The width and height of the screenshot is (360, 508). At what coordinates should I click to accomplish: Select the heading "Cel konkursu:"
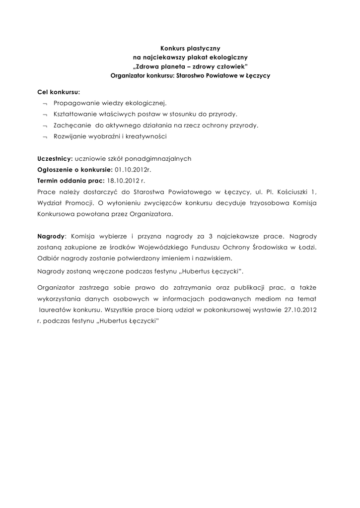(x=59, y=92)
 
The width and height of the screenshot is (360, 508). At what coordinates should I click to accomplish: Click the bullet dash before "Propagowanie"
(x=45, y=104)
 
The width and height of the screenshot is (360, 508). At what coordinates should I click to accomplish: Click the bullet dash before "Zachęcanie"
(x=45, y=126)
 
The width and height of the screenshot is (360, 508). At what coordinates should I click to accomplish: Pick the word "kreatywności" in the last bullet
(x=148, y=136)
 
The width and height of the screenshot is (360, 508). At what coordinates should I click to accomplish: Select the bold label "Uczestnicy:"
(x=55, y=159)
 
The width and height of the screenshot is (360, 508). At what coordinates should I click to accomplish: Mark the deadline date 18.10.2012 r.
(x=126, y=181)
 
